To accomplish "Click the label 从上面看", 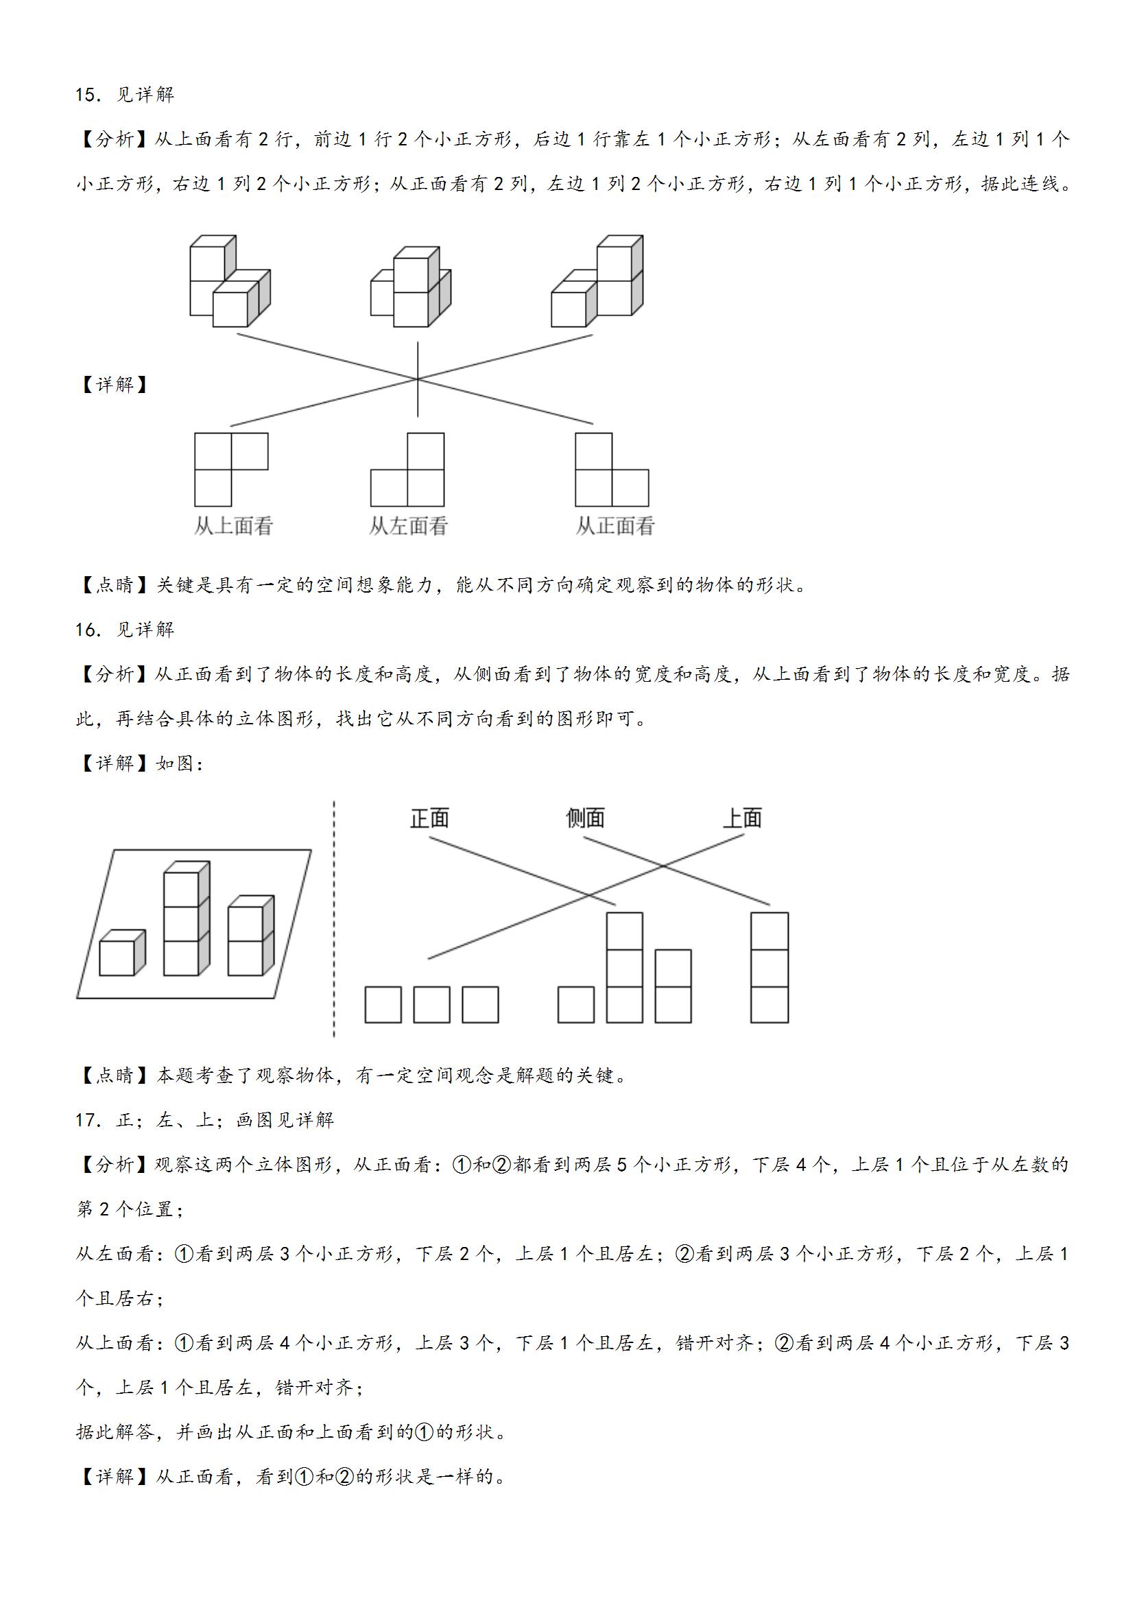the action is [x=233, y=526].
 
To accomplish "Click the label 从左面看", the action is [x=408, y=526].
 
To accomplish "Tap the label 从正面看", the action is [x=615, y=526].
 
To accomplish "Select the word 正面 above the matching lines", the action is [x=429, y=818].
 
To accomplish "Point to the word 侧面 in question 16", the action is [x=585, y=818].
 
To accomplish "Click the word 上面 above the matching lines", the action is [x=741, y=818].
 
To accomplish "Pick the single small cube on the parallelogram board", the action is [x=122, y=953].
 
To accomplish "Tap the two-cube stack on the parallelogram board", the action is [x=250, y=936].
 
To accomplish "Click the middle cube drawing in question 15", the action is [x=411, y=286].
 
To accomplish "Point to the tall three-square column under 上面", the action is [x=770, y=968].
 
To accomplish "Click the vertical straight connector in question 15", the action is [x=418, y=379].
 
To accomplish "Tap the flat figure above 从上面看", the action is [x=231, y=470].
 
